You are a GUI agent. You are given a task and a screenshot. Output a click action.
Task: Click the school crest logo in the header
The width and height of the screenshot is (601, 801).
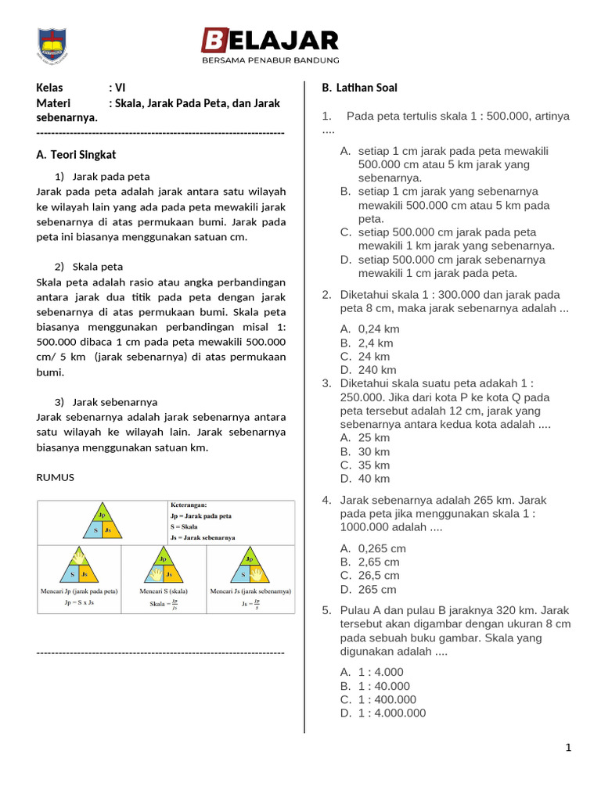(53, 45)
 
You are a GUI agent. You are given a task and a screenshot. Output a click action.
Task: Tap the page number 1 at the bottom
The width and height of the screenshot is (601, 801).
(569, 748)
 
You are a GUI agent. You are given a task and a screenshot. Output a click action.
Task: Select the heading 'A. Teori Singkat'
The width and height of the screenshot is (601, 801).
(77, 155)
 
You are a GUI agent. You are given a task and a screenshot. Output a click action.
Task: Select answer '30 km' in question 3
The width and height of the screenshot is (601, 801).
(374, 451)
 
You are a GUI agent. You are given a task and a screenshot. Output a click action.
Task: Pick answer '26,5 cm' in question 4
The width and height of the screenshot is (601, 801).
(379, 575)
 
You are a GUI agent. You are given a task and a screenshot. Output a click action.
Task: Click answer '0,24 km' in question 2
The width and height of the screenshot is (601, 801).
(379, 329)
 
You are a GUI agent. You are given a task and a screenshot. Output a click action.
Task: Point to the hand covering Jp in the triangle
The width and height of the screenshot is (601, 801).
(78, 558)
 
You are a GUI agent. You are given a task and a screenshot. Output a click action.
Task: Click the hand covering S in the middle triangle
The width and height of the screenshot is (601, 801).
(156, 573)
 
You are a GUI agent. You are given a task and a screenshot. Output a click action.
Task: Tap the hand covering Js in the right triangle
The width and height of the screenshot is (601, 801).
(257, 573)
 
